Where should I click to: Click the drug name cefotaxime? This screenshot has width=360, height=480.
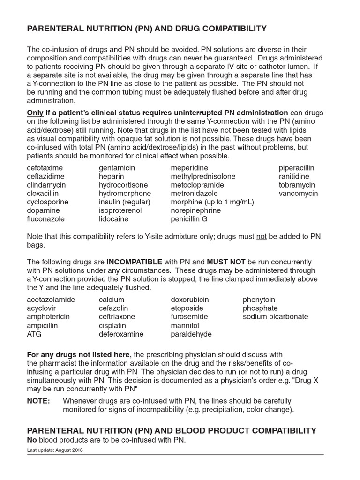point(45,168)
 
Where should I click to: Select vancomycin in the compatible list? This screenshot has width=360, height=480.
point(298,193)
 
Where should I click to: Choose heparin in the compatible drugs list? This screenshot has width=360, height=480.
point(111,176)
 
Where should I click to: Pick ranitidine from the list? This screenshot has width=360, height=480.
point(294,176)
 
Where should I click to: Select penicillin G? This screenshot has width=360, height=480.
point(189,219)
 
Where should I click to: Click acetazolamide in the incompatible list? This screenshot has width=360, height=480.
point(51,300)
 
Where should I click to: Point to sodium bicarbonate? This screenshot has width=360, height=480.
point(275,316)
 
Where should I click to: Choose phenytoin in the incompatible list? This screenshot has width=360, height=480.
point(259,300)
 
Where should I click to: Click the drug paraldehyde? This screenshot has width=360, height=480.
point(191,334)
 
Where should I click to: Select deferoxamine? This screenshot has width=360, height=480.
point(121,334)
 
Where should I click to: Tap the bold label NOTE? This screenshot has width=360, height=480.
point(38,401)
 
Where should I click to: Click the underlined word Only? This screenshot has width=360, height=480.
point(35,112)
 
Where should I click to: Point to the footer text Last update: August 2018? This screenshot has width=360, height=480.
point(55,450)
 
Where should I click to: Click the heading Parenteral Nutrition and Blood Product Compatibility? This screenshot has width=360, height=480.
point(172,430)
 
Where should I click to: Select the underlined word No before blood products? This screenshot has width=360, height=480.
point(32,440)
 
